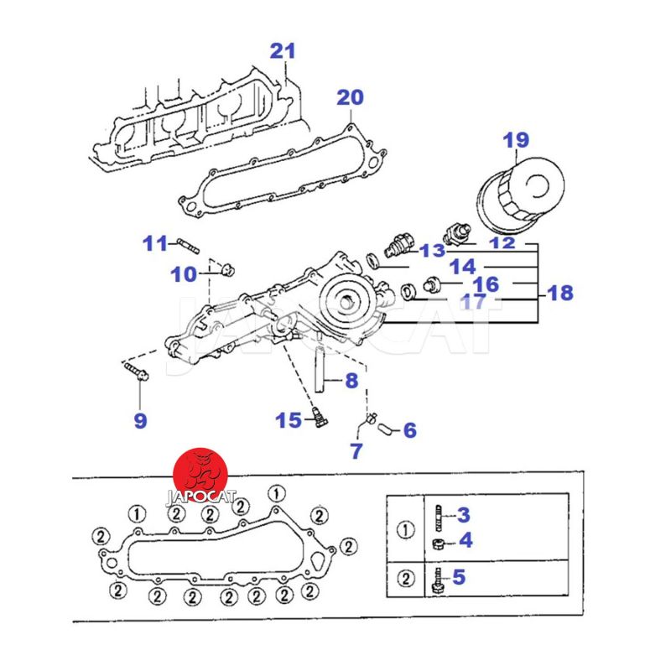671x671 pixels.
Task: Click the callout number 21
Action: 283,51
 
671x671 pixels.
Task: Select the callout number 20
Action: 351,98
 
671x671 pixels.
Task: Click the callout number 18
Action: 560,293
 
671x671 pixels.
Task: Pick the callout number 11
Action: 155,244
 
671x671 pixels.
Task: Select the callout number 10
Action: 184,273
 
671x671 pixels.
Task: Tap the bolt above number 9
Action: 134,370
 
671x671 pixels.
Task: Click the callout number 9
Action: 140,420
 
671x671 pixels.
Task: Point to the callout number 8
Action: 351,381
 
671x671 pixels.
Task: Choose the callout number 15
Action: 289,419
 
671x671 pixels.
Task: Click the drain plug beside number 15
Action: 318,418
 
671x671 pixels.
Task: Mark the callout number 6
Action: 409,430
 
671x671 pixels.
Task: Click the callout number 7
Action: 356,450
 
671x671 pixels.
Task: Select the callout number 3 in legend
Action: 464,515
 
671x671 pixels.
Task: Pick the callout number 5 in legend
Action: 458,576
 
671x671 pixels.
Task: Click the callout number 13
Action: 433,250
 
